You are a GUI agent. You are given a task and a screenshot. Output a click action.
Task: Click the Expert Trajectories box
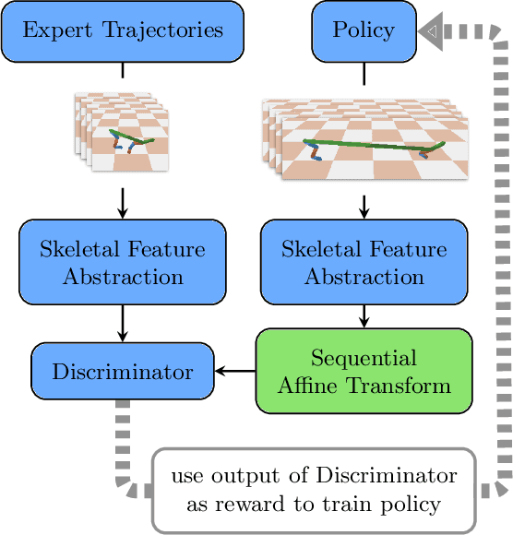[123, 30]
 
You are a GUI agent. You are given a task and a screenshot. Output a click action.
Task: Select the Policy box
[364, 30]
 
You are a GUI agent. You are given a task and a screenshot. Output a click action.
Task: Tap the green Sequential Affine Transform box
[364, 370]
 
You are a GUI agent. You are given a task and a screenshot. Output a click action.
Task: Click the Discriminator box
[123, 373]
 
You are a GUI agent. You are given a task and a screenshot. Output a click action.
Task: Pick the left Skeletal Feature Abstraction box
[123, 262]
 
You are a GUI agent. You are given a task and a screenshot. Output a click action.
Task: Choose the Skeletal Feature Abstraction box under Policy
[364, 262]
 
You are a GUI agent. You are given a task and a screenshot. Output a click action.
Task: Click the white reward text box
[314, 491]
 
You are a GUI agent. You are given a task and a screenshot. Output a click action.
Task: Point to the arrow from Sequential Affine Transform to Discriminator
[234, 373]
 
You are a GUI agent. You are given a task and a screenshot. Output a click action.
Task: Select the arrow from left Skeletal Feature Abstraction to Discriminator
[123, 323]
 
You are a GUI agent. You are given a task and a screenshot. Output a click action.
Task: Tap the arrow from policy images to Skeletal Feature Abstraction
[364, 205]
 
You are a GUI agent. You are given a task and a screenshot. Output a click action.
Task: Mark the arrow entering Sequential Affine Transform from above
[364, 316]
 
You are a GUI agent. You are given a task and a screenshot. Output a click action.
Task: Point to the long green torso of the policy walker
[369, 144]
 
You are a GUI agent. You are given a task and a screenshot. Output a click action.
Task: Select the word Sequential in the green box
[364, 358]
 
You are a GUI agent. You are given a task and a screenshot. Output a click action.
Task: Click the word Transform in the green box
[402, 385]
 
